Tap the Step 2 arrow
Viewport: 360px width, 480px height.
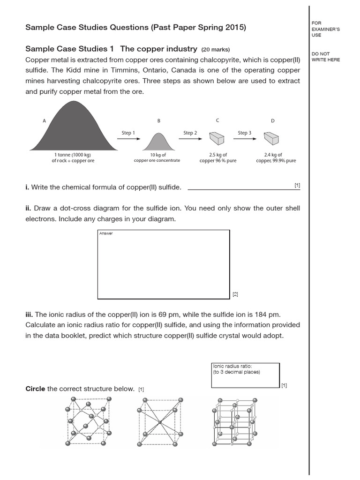190,139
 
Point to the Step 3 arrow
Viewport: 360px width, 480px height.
244,139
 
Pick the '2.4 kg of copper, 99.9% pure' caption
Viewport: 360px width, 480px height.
276,157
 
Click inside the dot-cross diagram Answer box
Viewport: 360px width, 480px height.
163,265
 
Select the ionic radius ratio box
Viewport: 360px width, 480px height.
245,375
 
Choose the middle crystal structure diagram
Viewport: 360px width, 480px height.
159,422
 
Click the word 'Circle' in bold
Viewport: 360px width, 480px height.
35,389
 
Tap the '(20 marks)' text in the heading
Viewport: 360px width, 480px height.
216,49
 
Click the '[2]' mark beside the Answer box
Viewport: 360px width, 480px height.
235,294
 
